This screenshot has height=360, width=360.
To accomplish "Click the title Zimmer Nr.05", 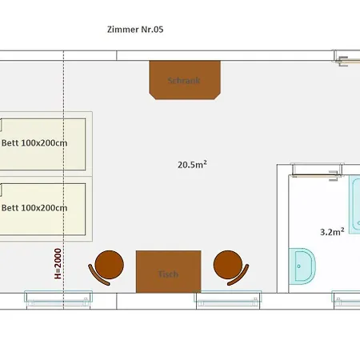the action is point(135,30).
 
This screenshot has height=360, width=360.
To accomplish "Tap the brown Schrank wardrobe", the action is point(185,80).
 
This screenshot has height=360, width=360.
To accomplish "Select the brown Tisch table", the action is point(169,271).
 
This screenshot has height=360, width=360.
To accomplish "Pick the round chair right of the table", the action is point(230,266).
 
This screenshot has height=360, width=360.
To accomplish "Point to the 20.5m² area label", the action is point(192,165).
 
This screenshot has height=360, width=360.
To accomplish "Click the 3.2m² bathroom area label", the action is point(332,232).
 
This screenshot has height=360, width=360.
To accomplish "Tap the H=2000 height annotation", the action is point(58,264).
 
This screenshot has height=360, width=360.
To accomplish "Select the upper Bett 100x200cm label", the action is point(34,143).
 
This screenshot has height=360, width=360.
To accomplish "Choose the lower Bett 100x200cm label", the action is point(34,208).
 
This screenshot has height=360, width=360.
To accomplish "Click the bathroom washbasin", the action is point(302,266).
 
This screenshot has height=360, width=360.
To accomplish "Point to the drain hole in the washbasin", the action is point(298,266).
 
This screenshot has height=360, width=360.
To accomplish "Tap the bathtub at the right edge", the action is point(354,205).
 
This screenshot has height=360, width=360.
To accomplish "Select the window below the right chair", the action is point(228,300).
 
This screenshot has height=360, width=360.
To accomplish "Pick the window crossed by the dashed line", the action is point(58,300).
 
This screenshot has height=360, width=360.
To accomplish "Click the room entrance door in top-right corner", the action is point(347,58).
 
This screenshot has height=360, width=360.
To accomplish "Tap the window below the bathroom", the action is point(346,300).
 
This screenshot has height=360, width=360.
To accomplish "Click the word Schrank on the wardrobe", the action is point(184,80).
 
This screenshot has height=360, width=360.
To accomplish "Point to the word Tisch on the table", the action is point(168,274).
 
